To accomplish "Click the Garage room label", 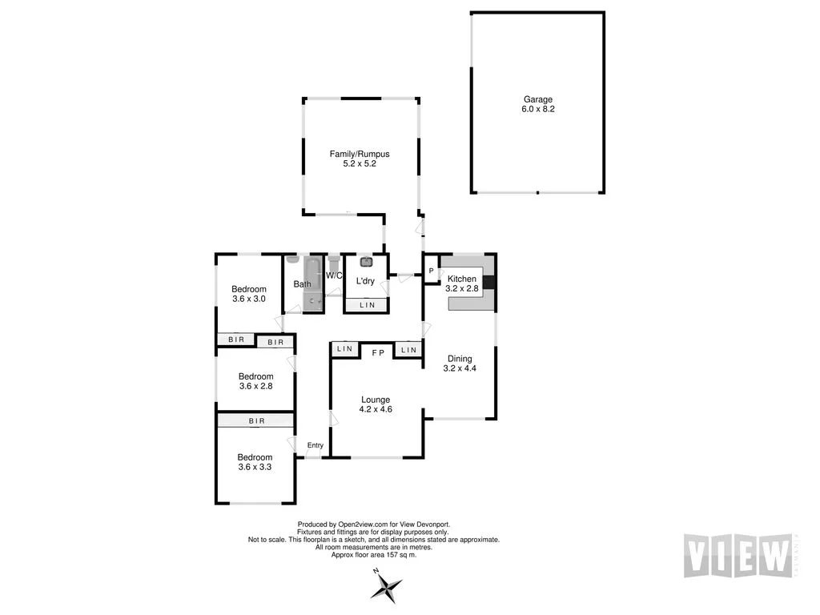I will (538, 99).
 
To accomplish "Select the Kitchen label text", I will (461, 279).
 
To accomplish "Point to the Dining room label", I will (460, 359).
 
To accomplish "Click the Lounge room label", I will (376, 400).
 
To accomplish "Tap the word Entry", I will (316, 446).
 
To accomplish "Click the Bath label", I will (302, 284).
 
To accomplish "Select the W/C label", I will (334, 275).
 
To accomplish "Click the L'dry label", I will (365, 281).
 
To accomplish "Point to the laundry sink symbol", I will (367, 261).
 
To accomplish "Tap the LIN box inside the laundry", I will (367, 305).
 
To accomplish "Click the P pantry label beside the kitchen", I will (431, 271).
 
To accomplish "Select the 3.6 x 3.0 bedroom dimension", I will (248, 299).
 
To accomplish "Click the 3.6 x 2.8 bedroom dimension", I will (255, 386).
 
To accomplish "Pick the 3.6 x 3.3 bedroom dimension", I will (255, 467).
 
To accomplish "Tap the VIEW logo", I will (738, 554).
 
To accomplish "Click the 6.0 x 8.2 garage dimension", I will (538, 109).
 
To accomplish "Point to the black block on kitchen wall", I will (491, 281).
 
